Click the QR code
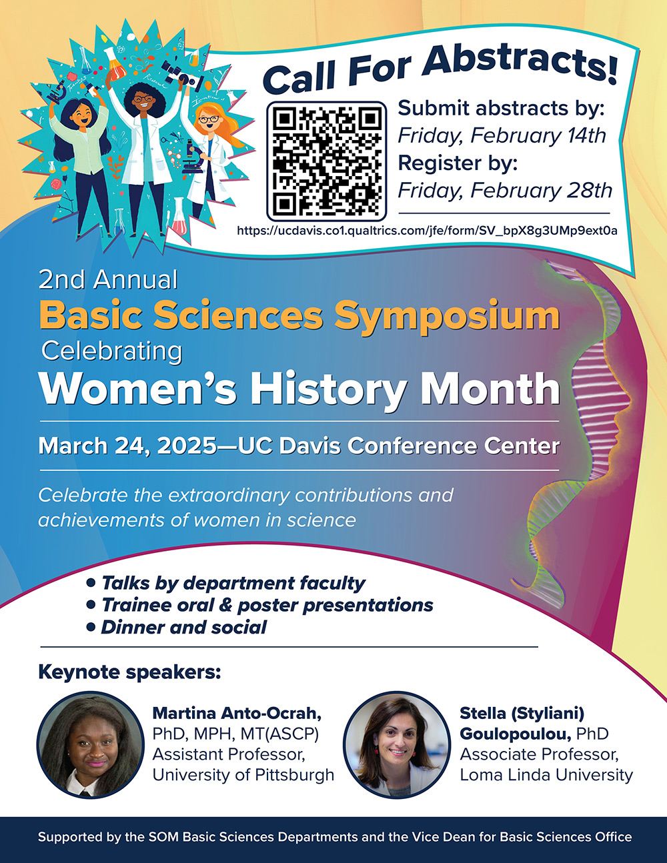326,161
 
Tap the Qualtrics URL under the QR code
427,231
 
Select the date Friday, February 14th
502,135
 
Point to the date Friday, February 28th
505,190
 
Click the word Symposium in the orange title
447,316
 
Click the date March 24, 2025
127,446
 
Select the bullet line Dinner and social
177,628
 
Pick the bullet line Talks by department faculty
226,583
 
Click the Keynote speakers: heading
129,672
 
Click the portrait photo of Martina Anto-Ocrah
91,745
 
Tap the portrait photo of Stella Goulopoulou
397,745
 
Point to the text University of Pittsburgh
243,775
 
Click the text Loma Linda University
546,775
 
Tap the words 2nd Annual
108,279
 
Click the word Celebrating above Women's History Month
111,351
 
